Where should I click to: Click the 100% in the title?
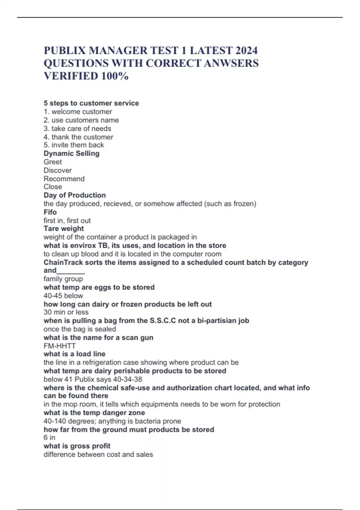point(115,76)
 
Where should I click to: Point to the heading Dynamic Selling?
point(71,154)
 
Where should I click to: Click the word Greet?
point(53,162)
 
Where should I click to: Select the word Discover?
point(58,170)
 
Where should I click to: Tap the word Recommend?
point(64,179)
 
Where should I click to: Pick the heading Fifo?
point(50,212)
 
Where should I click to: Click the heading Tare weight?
point(64,229)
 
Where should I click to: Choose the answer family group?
point(63,279)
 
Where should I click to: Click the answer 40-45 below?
point(63,296)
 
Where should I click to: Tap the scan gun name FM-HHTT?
point(59,346)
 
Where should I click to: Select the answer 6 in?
point(49,438)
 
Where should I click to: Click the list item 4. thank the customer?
point(78,137)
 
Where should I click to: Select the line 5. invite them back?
point(74,145)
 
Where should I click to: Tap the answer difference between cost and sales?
point(98,454)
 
